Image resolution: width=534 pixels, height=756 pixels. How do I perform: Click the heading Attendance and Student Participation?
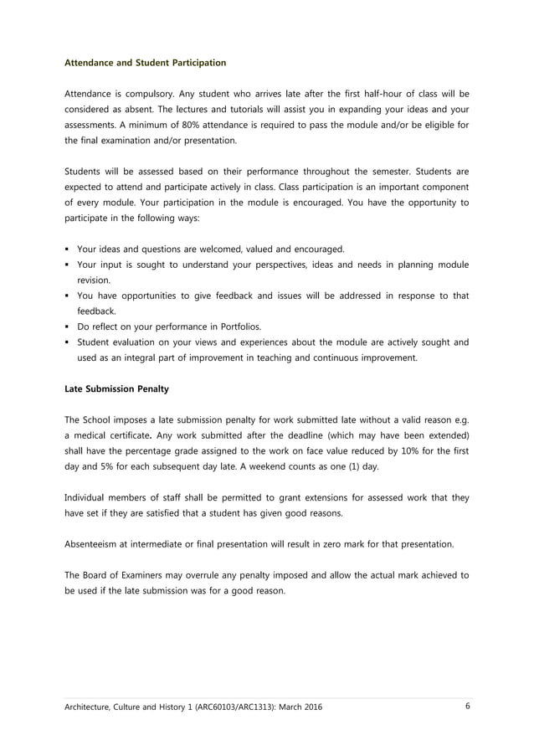(145, 63)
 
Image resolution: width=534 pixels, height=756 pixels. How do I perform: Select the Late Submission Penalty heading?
(117, 388)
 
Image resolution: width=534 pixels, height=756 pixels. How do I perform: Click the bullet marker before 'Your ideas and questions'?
(67, 249)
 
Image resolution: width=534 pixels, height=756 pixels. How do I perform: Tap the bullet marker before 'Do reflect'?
(67, 327)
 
